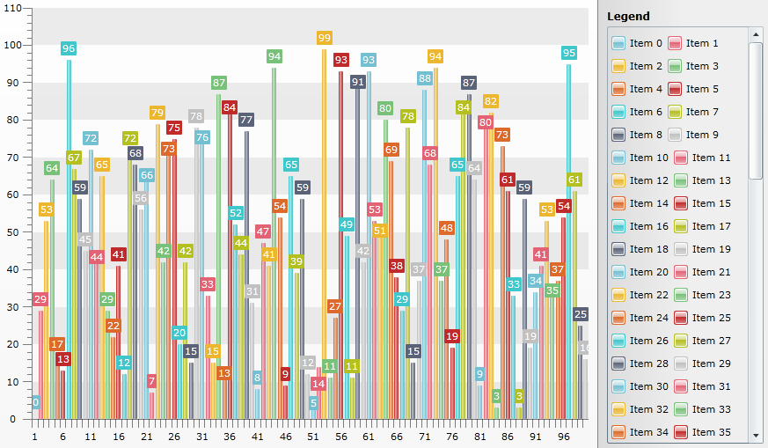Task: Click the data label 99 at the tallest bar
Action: tap(324, 38)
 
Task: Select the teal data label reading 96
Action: tap(69, 48)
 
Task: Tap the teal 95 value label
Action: tap(568, 53)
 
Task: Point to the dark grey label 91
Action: tap(357, 82)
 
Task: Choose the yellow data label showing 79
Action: tap(157, 113)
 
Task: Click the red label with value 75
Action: tap(174, 128)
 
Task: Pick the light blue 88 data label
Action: tap(424, 78)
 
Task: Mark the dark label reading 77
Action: tap(246, 120)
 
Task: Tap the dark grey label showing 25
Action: tap(580, 314)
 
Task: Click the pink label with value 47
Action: tap(263, 231)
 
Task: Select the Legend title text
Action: tap(628, 16)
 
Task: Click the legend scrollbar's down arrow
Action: tap(755, 435)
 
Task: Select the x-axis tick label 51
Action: tap(313, 437)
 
